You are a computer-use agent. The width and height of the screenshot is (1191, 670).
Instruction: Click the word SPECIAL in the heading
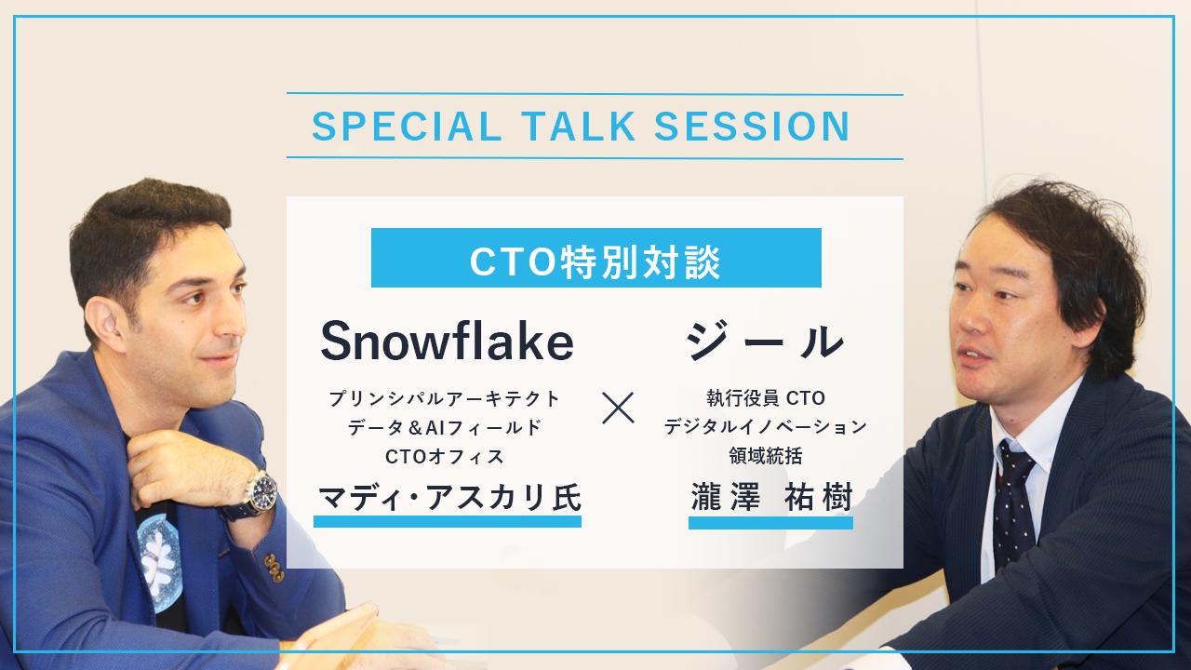(407, 127)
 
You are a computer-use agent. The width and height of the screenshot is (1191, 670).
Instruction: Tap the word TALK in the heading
(579, 127)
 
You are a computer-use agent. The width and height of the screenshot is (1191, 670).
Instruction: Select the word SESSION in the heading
(752, 127)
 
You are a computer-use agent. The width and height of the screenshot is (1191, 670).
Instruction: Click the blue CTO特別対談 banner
(596, 258)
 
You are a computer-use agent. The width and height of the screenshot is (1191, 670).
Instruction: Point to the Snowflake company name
(448, 341)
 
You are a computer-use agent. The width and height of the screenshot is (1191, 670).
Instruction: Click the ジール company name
(765, 341)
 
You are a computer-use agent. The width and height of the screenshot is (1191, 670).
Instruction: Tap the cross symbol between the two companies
(619, 408)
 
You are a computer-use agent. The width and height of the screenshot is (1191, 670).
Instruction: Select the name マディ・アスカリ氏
(449, 498)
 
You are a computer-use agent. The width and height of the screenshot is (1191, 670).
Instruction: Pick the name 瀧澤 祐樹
(771, 497)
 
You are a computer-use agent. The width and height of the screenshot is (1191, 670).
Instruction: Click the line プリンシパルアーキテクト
(445, 398)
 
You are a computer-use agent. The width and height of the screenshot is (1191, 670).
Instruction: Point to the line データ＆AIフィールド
(445, 427)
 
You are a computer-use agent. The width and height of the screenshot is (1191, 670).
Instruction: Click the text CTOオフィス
(445, 456)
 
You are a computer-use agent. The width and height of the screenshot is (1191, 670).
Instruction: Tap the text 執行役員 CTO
(766, 397)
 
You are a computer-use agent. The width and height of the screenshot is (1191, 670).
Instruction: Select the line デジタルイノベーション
(766, 426)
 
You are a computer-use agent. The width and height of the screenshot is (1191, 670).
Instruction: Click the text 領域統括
(766, 456)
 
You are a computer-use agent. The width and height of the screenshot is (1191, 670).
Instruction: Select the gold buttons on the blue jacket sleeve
(274, 567)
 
